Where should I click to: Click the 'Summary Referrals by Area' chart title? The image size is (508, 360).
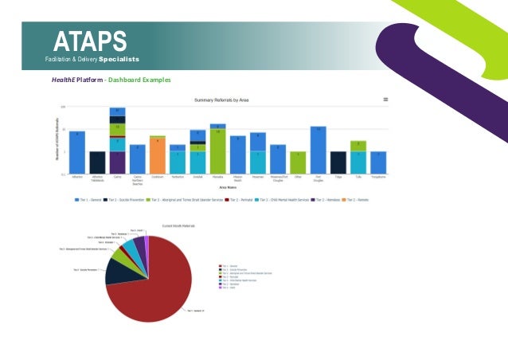(x=229, y=100)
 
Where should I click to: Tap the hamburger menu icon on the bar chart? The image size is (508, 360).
(x=385, y=100)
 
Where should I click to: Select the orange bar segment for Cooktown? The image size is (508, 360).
(x=158, y=156)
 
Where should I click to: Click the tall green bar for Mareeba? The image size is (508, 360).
(x=218, y=151)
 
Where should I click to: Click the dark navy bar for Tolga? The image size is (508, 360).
(x=338, y=162)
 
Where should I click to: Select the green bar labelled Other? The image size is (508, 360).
(x=299, y=162)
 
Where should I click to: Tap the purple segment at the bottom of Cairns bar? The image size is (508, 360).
(x=117, y=162)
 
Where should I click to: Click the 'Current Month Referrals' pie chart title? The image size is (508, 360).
(x=182, y=226)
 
